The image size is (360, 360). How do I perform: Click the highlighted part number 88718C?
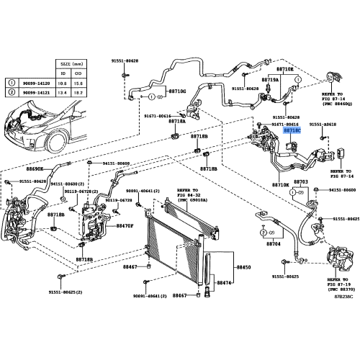[x=292, y=131]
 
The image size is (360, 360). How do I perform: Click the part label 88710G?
[x=177, y=92]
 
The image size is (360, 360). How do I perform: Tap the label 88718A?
[x=177, y=121]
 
